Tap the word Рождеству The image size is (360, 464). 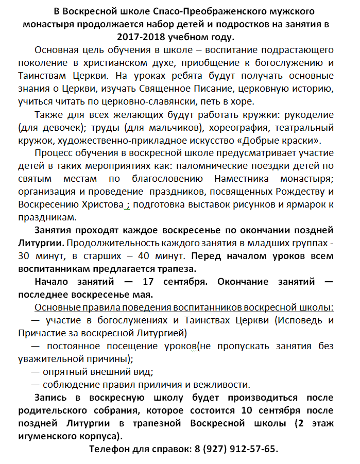292,192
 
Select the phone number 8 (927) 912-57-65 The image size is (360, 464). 236,449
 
